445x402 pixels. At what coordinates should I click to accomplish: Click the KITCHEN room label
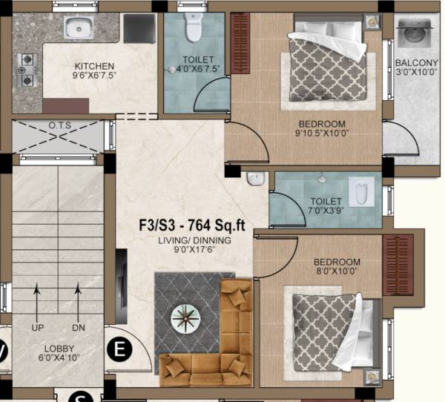pyautogui.click(x=93, y=65)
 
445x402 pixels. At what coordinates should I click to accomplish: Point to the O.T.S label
pyautogui.click(x=59, y=125)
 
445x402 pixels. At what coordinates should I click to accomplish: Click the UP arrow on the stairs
pyautogui.click(x=37, y=306)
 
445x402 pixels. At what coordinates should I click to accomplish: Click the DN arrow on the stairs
pyautogui.click(x=77, y=306)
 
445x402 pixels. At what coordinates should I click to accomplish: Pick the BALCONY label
pyautogui.click(x=416, y=62)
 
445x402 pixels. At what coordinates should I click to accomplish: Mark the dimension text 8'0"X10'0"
pyautogui.click(x=337, y=273)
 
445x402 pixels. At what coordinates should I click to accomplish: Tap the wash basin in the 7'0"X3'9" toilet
pyautogui.click(x=254, y=179)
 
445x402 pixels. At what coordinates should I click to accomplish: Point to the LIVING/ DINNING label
pyautogui.click(x=194, y=240)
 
